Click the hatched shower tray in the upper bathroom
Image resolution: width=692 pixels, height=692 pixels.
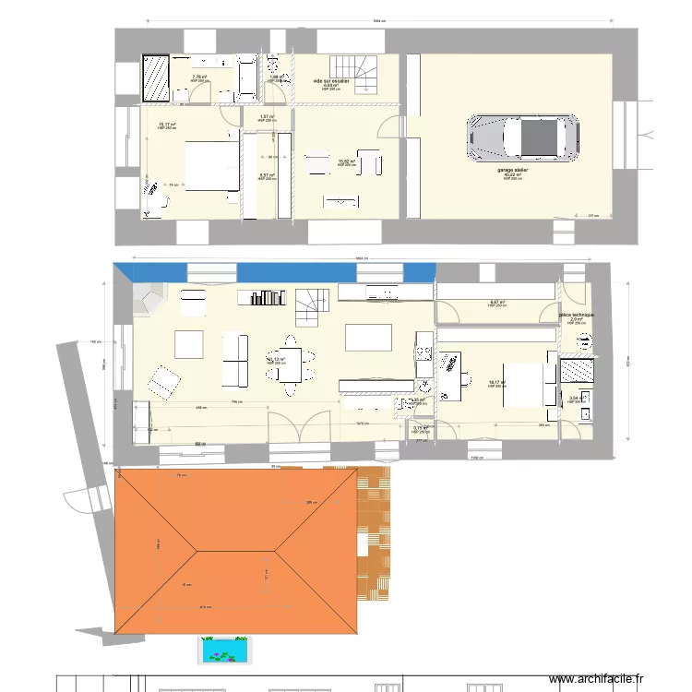coord(157,78)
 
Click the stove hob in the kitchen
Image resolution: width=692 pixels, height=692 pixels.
coord(426,352)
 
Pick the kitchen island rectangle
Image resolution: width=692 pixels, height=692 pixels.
coord(368,337)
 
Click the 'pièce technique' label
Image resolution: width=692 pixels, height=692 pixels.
coord(576,315)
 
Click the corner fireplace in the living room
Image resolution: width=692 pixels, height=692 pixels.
coord(147,298)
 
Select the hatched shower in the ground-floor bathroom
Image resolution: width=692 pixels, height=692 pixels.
coord(578,369)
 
